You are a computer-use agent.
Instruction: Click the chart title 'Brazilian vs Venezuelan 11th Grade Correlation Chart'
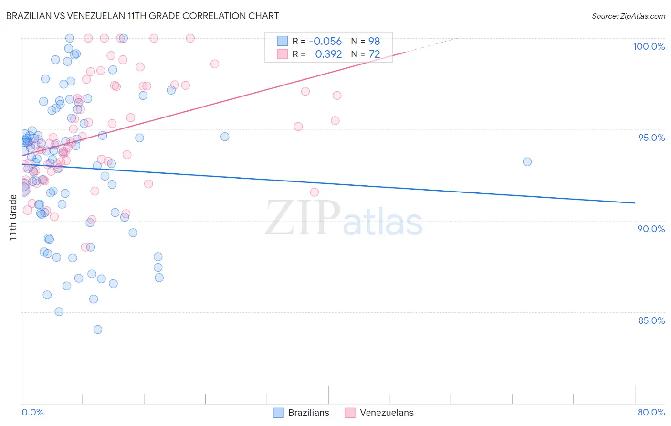(x=142, y=16)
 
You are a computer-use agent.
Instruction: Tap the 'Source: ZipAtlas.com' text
(x=628, y=16)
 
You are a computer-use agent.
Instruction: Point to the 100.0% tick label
(x=649, y=46)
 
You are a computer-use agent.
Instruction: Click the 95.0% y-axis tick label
(x=651, y=138)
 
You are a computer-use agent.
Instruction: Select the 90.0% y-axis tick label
(x=651, y=229)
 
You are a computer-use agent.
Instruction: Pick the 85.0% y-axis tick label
(x=651, y=320)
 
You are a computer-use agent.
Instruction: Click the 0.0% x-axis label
(x=32, y=412)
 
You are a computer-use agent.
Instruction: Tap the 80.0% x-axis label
(x=651, y=412)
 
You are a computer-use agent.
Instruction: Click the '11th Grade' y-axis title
(x=13, y=217)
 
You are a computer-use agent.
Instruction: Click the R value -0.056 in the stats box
(x=325, y=41)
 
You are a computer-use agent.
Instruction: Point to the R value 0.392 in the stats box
(x=328, y=54)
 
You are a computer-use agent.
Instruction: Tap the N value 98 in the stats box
(x=374, y=41)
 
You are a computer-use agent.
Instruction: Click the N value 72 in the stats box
(x=374, y=54)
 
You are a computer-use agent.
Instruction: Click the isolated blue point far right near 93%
(x=527, y=162)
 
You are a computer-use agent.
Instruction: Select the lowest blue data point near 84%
(x=98, y=330)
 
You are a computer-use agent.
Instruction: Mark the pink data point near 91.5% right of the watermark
(x=314, y=192)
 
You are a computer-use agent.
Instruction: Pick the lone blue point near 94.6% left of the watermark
(x=225, y=137)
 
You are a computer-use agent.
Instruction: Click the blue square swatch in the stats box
(x=283, y=41)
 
